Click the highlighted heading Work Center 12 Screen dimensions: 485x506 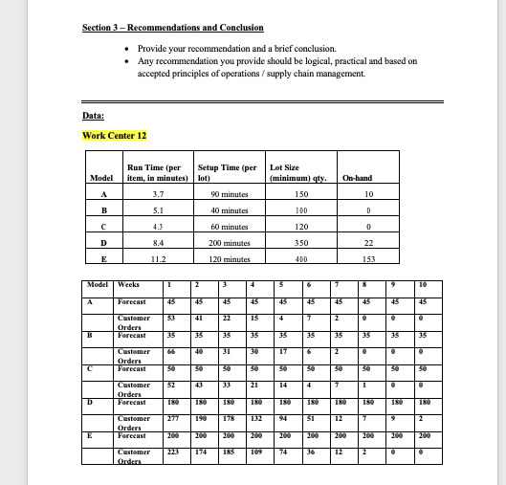click(x=114, y=134)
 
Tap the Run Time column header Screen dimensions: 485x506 click(x=155, y=172)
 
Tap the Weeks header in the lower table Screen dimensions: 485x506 click(x=128, y=284)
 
